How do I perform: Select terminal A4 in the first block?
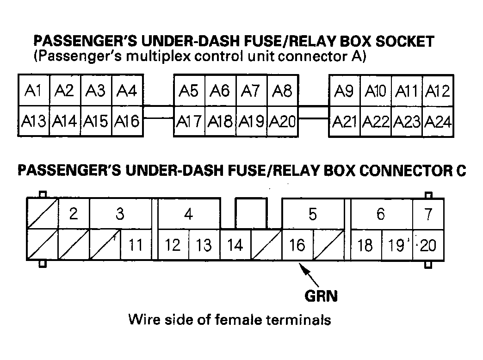click(x=127, y=90)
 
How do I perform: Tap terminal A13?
click(x=34, y=121)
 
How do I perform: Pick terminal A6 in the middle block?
click(x=220, y=90)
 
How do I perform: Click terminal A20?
click(x=282, y=121)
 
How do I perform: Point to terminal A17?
click(x=189, y=121)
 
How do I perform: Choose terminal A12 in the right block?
click(x=437, y=91)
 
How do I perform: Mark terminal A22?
click(x=376, y=122)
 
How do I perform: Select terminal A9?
click(x=344, y=91)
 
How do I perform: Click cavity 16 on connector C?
click(x=297, y=244)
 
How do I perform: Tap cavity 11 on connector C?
click(x=136, y=244)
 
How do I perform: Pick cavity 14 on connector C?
click(x=235, y=244)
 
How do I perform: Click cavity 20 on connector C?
click(x=428, y=245)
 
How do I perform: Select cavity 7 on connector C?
click(x=428, y=214)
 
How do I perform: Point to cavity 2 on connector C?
click(x=74, y=214)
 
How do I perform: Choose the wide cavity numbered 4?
click(x=189, y=214)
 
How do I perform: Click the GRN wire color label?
click(x=321, y=295)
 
